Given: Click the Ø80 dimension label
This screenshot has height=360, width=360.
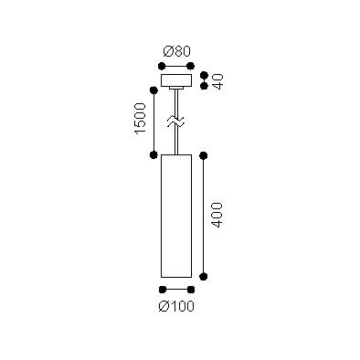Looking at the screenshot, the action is point(176,51).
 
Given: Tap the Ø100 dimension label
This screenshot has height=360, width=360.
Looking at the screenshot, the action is point(176,306).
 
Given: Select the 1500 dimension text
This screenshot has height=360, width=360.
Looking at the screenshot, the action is point(141,119).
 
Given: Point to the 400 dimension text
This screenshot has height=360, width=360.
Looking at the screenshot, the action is point(217,215).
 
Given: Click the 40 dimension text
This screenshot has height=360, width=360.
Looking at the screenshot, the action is point(218,81).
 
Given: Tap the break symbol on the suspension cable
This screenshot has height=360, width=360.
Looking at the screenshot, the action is point(176,122).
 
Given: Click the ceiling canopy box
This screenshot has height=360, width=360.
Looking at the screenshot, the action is point(176,79).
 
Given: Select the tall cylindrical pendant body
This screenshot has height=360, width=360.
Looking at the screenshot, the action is point(176,216).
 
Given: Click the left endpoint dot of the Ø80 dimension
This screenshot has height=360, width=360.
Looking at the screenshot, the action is point(162,66).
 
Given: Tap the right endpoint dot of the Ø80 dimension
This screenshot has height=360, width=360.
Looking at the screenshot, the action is point(191,66).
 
